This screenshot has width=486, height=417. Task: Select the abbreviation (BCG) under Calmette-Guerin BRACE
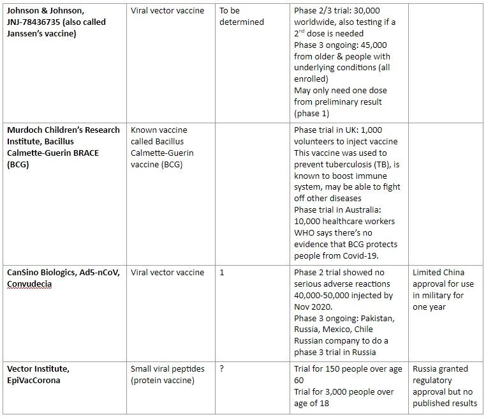point(18,164)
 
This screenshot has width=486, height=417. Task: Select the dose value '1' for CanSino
point(221,273)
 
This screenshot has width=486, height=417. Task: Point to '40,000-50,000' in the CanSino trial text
point(325,296)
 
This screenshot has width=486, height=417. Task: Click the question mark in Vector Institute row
point(221,369)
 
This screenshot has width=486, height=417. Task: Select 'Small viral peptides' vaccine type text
point(168,369)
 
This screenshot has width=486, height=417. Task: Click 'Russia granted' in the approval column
point(441,369)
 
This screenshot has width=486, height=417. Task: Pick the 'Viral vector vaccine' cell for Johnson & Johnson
point(168,11)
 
